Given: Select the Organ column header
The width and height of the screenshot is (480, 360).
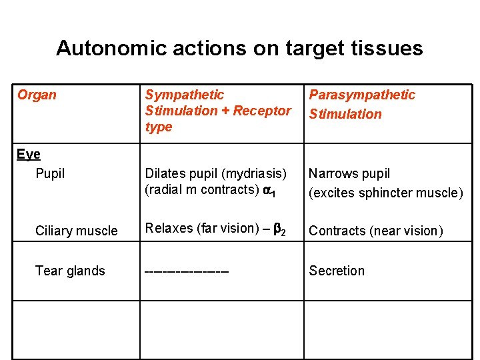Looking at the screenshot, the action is [x=37, y=95].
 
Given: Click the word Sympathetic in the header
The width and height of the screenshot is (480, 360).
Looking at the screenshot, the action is [x=185, y=95].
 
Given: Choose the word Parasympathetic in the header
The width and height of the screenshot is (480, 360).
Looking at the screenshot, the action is [x=361, y=95].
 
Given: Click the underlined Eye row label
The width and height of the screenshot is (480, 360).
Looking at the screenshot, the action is [x=29, y=155].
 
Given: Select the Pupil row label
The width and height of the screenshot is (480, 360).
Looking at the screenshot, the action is [x=50, y=173].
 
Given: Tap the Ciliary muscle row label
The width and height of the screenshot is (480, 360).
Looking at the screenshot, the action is [x=76, y=231].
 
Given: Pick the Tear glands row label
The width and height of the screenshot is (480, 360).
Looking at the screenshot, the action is [x=70, y=271].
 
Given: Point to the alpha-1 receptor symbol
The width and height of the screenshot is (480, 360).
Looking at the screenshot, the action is [x=267, y=190].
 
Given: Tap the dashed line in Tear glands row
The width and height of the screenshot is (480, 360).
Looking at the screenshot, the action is [x=187, y=271].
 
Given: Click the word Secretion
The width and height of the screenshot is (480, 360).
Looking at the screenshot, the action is [x=337, y=271].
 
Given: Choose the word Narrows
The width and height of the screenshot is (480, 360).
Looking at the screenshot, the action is [x=331, y=173].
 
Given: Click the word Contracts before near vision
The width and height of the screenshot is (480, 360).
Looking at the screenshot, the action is [x=335, y=231].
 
